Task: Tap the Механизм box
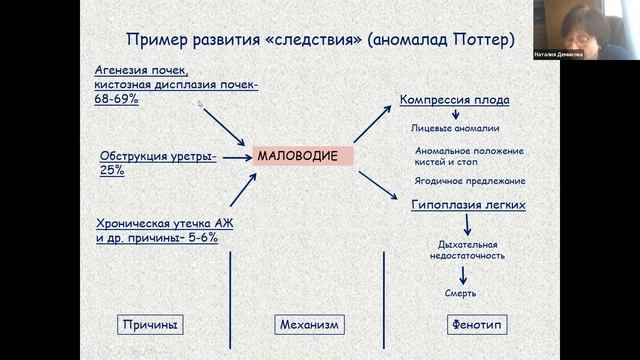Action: (307, 324)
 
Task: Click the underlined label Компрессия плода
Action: (454, 100)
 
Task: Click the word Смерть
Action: (460, 293)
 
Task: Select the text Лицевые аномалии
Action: (455, 128)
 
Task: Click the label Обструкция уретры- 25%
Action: (157, 162)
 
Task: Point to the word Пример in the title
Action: (153, 40)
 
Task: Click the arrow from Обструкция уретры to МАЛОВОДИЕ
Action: (233, 156)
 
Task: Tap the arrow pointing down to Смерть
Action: (461, 273)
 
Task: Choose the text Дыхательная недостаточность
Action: (468, 249)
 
